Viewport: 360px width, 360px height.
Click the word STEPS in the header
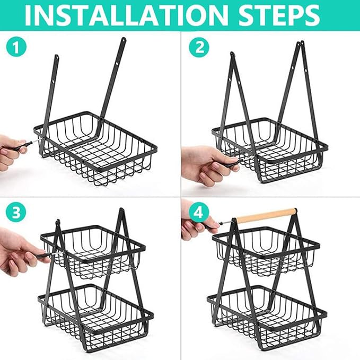pyautogui.click(x=279, y=15)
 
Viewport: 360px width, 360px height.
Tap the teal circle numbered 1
pyautogui.click(x=16, y=48)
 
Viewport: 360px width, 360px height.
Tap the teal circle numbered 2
pyautogui.click(x=199, y=48)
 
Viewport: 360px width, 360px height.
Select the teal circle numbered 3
pyautogui.click(x=16, y=213)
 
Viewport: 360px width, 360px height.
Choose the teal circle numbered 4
pyautogui.click(x=199, y=213)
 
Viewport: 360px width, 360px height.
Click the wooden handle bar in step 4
pyautogui.click(x=266, y=215)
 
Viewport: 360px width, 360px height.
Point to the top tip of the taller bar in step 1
pyautogui.click(x=124, y=39)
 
